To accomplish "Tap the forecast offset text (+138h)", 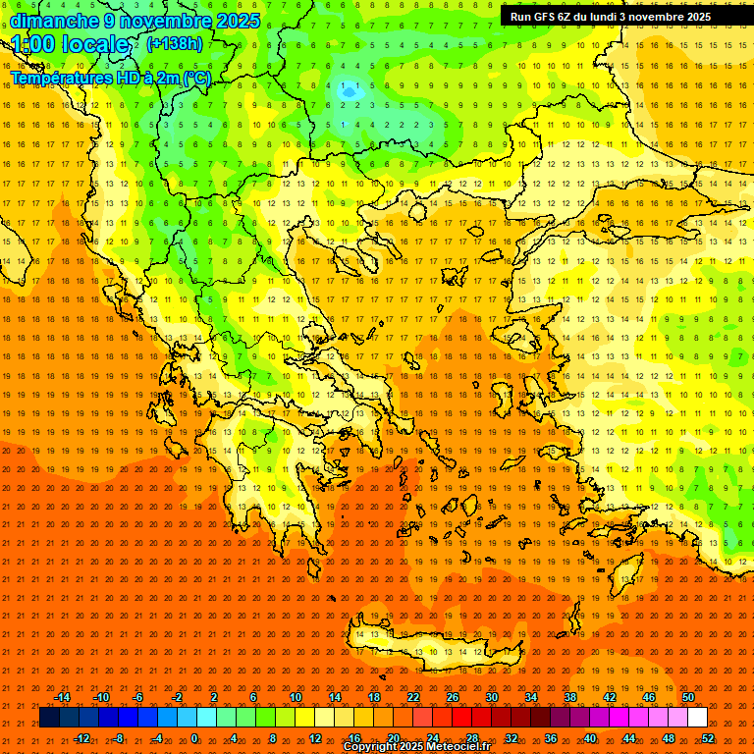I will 175,43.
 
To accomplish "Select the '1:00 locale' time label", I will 72,44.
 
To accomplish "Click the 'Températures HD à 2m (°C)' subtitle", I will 110,78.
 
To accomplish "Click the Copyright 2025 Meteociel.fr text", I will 417,747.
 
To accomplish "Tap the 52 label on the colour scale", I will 708,737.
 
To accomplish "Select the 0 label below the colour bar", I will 194,737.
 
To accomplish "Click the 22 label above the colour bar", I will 413,697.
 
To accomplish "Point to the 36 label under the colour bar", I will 551,737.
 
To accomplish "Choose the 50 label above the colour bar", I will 688,697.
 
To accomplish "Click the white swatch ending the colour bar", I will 697,718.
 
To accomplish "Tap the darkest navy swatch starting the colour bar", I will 50,718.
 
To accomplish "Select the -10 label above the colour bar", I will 100,697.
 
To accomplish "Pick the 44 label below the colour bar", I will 629,737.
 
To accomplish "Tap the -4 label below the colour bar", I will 157,737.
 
